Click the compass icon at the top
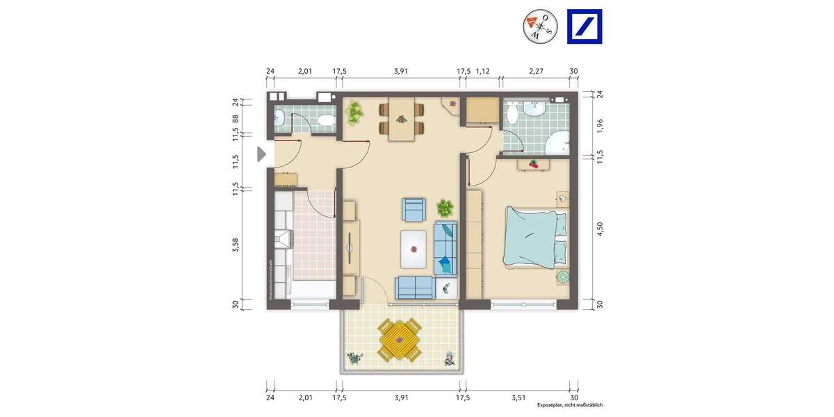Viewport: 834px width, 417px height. [x=540, y=26]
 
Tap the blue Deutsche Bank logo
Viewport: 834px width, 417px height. [x=584, y=26]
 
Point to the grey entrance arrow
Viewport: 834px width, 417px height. [x=261, y=154]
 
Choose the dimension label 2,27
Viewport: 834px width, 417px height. [x=535, y=71]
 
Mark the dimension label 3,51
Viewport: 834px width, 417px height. [x=518, y=398]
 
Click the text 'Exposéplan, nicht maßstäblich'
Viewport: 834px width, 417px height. [x=569, y=405]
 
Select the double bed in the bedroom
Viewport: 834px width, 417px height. [x=535, y=236]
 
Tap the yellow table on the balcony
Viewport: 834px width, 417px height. [x=398, y=339]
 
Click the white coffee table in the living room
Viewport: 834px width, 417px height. [x=414, y=248]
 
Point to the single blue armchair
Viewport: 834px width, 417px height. [x=414, y=208]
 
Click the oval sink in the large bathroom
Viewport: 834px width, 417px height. [x=536, y=108]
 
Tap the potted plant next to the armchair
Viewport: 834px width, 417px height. [x=444, y=207]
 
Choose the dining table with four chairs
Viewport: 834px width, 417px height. [x=400, y=118]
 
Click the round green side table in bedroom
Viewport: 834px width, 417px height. [x=562, y=277]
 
